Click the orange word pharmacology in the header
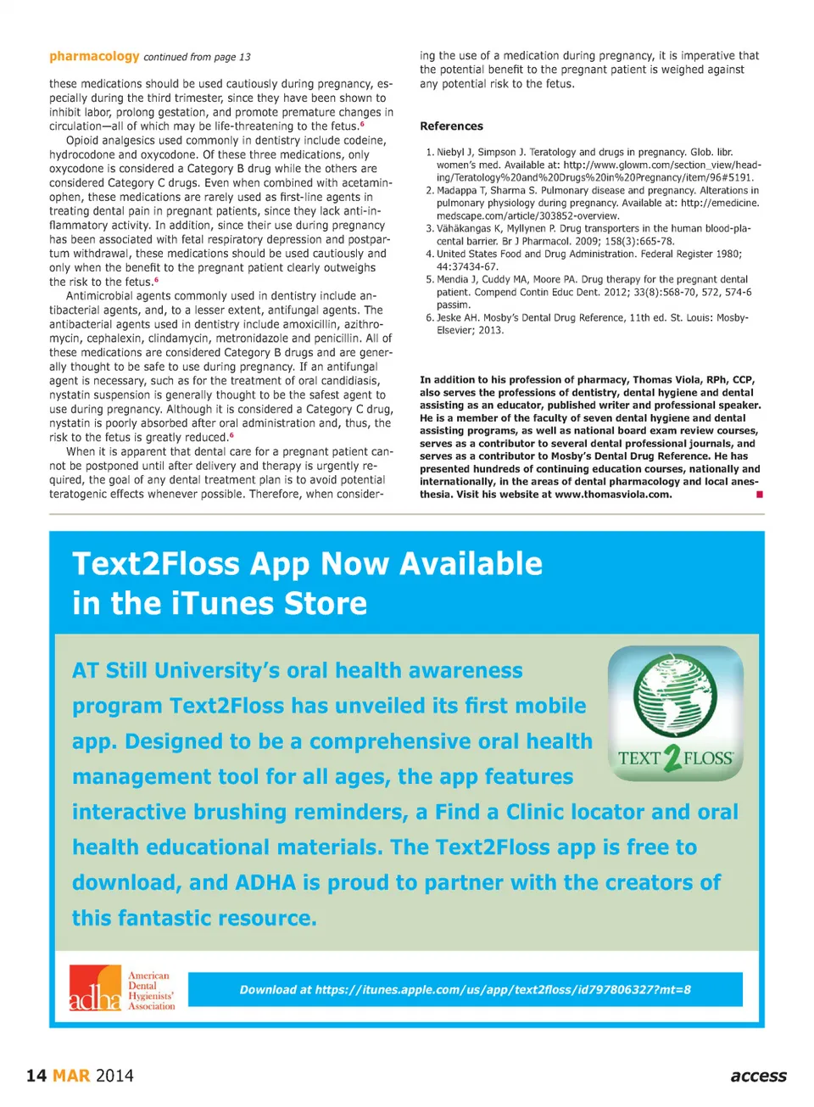[94, 56]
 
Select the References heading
[451, 126]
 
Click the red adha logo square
[95, 989]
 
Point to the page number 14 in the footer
[36, 1076]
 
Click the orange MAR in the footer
[71, 1076]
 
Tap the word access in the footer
[758, 1076]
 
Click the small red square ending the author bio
[760, 495]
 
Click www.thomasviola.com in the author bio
[613, 495]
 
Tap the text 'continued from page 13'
[197, 57]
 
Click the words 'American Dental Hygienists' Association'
[151, 991]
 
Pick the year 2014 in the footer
[114, 1076]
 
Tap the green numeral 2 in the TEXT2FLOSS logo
[672, 758]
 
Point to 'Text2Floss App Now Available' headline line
[307, 563]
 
